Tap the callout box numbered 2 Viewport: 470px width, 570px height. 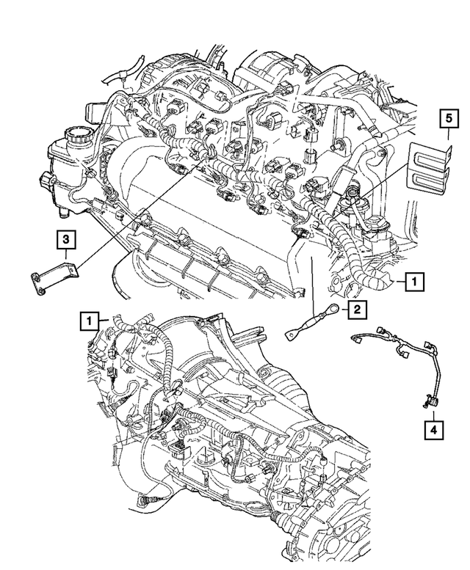355,310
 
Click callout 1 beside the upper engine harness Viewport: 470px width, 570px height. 415,279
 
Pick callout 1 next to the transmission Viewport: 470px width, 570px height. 88,320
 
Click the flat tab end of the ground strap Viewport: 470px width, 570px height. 291,335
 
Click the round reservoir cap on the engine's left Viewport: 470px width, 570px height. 74,136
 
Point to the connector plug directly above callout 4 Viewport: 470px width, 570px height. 428,400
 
